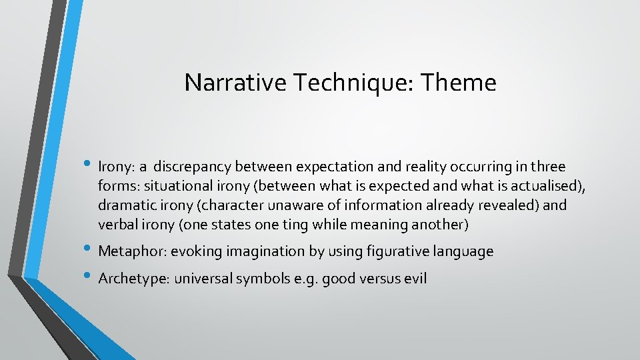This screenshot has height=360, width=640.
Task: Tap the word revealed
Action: tap(511, 205)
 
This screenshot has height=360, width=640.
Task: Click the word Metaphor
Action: tap(131, 251)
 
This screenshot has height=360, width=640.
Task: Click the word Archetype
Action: tap(133, 278)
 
